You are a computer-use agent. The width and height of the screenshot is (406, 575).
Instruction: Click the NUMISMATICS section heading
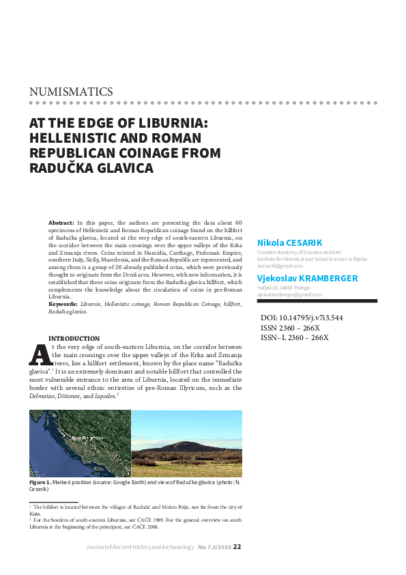click(x=71, y=92)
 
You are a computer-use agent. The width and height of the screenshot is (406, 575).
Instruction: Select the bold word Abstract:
click(x=61, y=223)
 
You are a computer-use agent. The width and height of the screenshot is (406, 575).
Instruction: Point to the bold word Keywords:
click(x=63, y=305)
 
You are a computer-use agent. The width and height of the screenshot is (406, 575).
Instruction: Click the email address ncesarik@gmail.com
click(x=280, y=265)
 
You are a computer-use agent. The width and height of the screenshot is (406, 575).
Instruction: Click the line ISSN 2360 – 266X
click(x=291, y=328)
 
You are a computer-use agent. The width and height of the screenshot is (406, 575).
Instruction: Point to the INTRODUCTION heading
click(x=74, y=339)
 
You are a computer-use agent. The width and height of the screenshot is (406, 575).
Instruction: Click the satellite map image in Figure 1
click(x=80, y=443)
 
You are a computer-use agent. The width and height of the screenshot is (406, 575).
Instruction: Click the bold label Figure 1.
click(x=40, y=482)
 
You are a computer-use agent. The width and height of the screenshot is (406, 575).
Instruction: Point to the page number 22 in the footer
click(x=237, y=546)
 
